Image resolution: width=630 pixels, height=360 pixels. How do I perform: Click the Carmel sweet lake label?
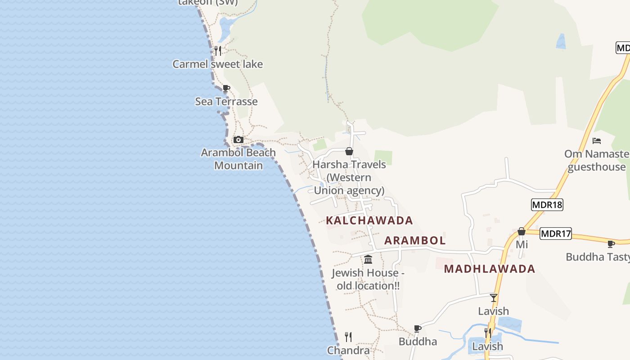click(217, 64)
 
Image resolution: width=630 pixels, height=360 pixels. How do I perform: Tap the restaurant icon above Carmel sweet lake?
click(218, 50)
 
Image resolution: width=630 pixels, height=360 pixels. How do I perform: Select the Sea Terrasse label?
click(226, 102)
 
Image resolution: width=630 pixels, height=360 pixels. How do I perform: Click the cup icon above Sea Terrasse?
click(226, 88)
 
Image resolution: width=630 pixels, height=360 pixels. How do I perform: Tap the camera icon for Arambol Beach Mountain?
click(238, 139)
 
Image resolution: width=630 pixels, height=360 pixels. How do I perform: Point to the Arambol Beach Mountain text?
click(238, 159)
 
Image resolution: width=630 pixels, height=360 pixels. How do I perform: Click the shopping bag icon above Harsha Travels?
click(349, 151)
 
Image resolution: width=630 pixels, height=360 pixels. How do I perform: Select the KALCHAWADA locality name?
click(369, 220)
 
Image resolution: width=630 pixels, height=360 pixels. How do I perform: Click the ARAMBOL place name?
click(415, 241)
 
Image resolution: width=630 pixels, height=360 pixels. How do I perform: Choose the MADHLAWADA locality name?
click(490, 269)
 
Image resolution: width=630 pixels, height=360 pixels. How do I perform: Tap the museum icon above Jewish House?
click(368, 259)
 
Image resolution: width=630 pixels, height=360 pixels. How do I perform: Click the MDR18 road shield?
click(547, 205)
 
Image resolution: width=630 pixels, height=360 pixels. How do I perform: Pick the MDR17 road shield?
click(556, 234)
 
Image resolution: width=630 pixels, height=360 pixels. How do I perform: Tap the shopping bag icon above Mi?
click(522, 231)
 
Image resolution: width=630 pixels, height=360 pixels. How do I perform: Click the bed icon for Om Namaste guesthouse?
click(597, 140)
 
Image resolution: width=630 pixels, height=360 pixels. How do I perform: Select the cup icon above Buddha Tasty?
click(611, 244)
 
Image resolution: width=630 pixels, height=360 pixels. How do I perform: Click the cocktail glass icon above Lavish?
click(494, 297)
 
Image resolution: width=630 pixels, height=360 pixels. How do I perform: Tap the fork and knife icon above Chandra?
click(348, 337)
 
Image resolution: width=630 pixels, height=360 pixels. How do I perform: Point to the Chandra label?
click(348, 351)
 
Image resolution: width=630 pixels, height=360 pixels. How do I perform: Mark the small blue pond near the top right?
click(561, 41)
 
